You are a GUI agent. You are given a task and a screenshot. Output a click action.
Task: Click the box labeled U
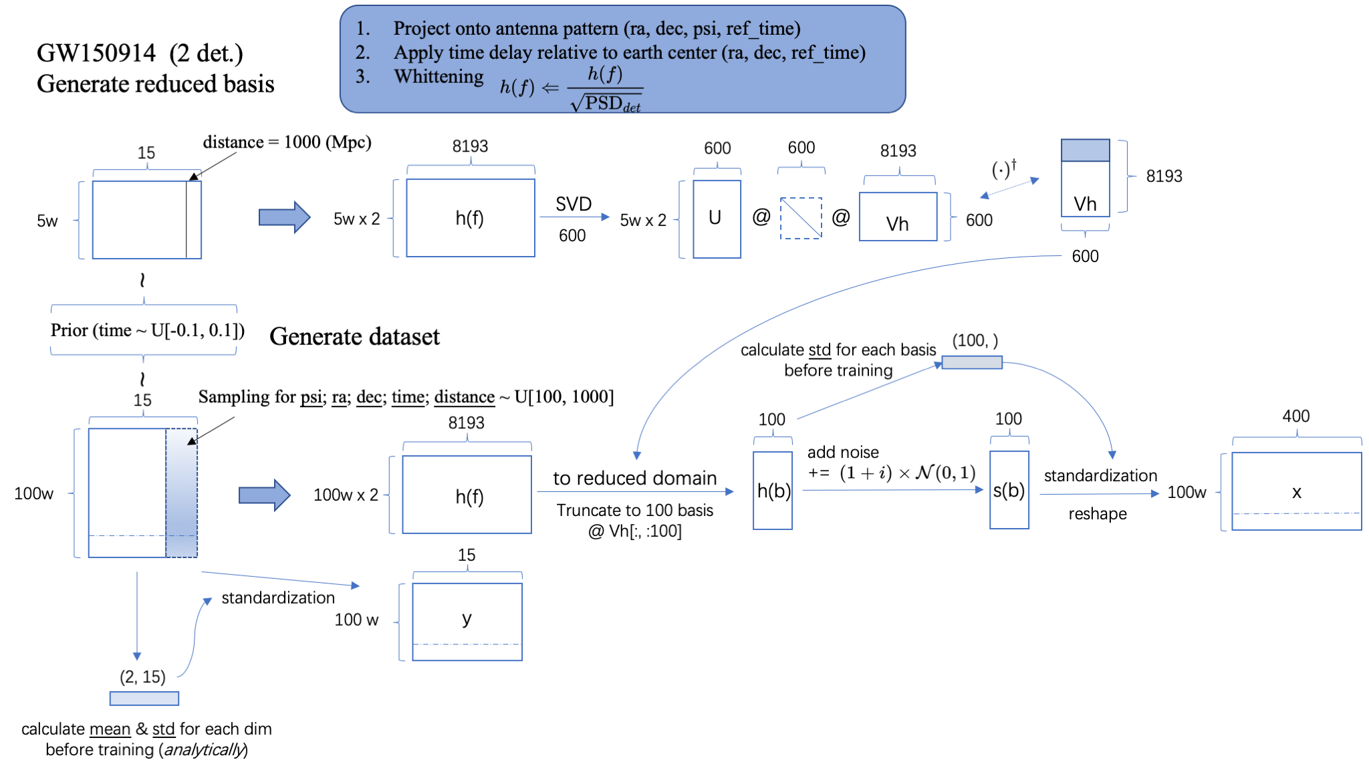(x=717, y=219)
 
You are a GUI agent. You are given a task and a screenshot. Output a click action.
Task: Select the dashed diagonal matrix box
(x=800, y=218)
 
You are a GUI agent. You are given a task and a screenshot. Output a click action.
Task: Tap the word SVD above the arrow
(x=573, y=204)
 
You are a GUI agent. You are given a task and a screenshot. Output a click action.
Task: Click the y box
(x=467, y=621)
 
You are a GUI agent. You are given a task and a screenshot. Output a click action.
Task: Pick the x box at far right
(x=1296, y=491)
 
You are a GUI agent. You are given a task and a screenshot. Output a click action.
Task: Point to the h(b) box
(x=773, y=491)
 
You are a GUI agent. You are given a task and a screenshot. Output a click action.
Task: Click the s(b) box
(x=1009, y=490)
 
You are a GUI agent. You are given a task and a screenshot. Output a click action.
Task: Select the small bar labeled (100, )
(x=971, y=362)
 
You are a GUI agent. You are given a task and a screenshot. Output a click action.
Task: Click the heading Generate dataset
(x=354, y=336)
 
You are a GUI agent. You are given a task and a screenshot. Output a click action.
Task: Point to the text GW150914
(x=96, y=53)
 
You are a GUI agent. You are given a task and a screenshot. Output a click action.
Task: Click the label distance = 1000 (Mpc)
(x=287, y=142)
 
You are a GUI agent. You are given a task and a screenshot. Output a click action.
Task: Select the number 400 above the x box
(x=1295, y=416)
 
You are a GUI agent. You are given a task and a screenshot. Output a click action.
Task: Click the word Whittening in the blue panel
(x=439, y=77)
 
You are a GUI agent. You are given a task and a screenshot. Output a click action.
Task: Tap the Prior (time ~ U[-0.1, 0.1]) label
(x=147, y=330)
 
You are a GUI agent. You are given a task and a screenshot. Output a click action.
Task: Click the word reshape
(x=1097, y=514)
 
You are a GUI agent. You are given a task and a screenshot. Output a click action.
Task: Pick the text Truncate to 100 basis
(x=634, y=510)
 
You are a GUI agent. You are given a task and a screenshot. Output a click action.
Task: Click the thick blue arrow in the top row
(x=284, y=217)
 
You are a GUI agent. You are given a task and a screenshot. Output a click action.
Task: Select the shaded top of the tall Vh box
(x=1085, y=150)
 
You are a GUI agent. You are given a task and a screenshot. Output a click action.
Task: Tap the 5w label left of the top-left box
(x=47, y=221)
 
